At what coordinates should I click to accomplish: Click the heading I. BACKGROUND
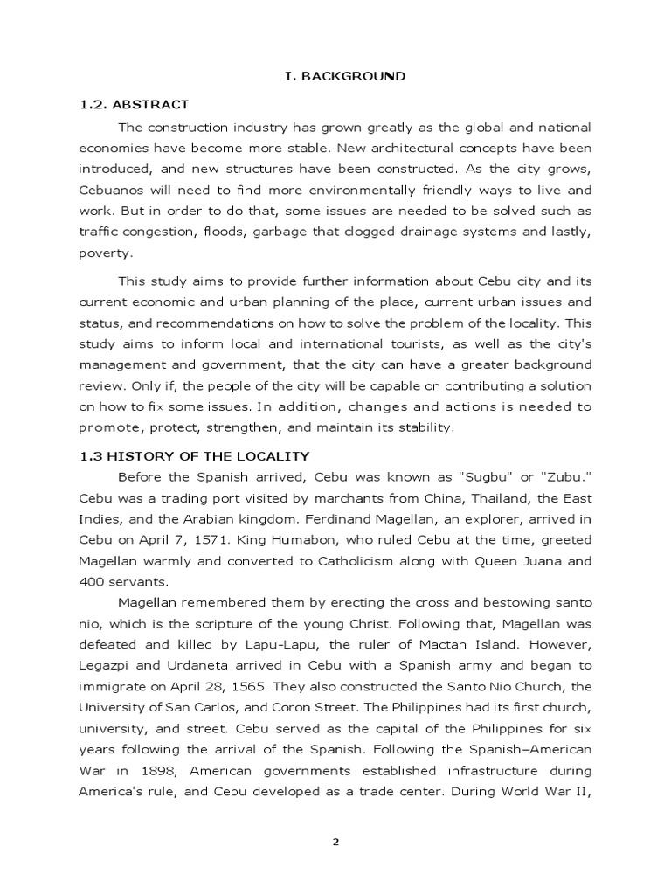click(345, 76)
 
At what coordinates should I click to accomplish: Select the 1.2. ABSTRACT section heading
click(134, 105)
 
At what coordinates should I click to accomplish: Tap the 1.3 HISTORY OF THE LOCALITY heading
click(194, 455)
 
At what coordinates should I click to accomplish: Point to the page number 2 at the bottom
click(335, 842)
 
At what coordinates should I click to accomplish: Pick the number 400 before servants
click(92, 582)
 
